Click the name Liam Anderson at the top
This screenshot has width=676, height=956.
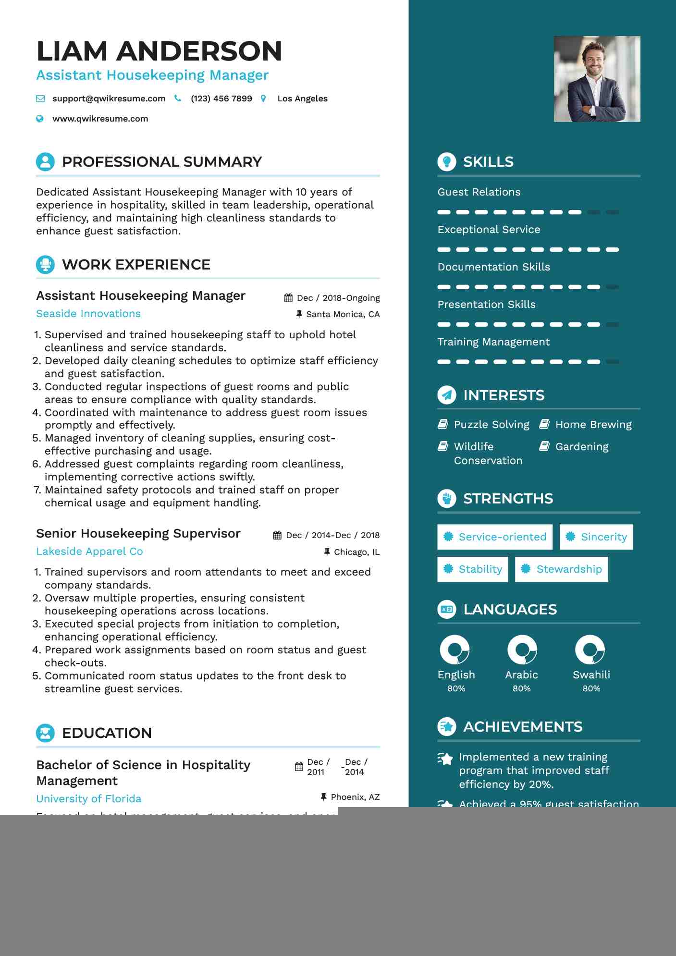click(159, 51)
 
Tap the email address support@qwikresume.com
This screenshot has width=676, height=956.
click(109, 98)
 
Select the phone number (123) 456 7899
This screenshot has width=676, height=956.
click(221, 98)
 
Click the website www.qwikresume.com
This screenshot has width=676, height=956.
click(100, 119)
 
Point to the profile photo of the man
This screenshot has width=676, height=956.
click(597, 79)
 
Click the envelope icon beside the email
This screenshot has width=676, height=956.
click(40, 98)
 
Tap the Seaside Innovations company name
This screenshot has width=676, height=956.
click(88, 314)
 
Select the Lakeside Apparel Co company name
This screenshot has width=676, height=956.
click(89, 552)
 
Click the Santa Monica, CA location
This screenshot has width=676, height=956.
click(343, 314)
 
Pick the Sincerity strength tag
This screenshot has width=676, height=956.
click(596, 537)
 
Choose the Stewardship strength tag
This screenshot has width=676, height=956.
click(561, 569)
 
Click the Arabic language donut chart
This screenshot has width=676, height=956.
click(522, 650)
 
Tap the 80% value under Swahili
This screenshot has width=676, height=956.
click(591, 688)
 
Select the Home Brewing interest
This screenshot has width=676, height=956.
click(593, 425)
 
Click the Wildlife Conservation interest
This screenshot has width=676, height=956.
click(487, 453)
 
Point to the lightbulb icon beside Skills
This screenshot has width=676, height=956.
click(447, 162)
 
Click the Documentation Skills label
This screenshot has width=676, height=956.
click(493, 267)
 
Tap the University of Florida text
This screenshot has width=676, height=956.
click(89, 799)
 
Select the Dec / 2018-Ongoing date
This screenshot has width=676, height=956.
click(338, 298)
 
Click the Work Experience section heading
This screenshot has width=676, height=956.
click(136, 265)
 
